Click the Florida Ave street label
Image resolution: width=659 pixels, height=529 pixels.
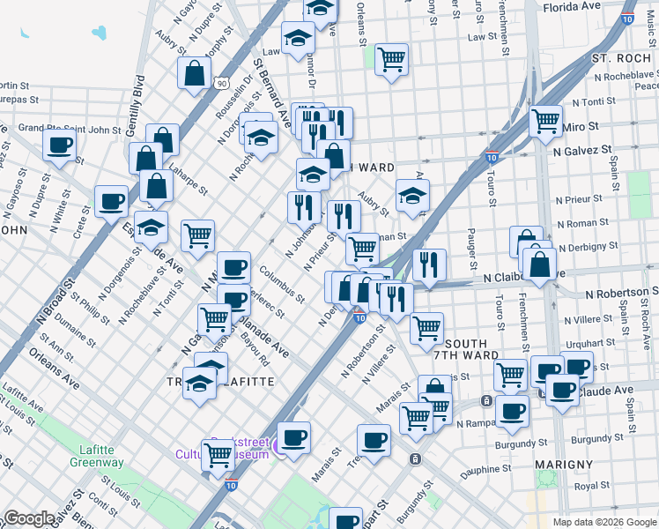click(x=570, y=5)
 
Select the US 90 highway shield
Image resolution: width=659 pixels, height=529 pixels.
click(x=221, y=81)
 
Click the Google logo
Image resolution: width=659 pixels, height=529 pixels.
click(x=29, y=518)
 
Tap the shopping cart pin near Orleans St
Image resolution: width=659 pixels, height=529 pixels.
click(x=391, y=59)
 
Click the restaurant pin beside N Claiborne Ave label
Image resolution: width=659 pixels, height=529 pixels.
click(x=429, y=263)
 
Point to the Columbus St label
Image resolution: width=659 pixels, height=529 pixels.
click(x=282, y=284)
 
